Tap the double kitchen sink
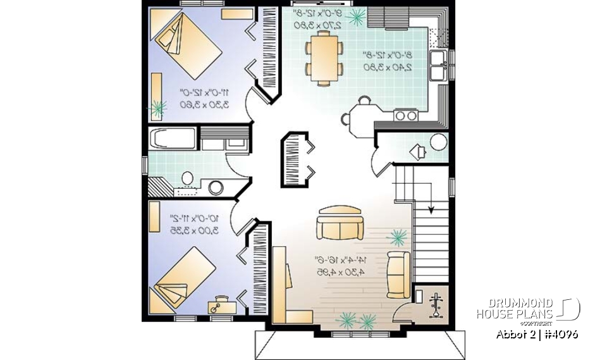(439, 66)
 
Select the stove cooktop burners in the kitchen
(405, 115)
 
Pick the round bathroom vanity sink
(216, 187)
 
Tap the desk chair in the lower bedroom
(216, 307)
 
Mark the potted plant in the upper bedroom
(157, 107)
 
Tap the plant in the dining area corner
(357, 16)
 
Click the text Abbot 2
(512, 333)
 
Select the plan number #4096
(560, 333)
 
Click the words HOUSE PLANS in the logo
(515, 314)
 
